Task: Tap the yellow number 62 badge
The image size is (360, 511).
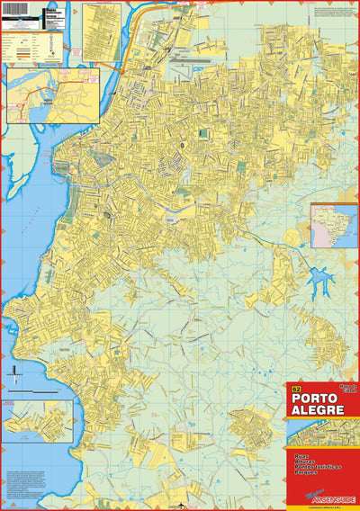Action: coord(295,389)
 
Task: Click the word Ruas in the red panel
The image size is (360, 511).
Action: coord(300,457)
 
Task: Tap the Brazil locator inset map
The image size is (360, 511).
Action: coord(334,226)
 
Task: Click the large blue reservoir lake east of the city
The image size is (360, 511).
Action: coord(319,286)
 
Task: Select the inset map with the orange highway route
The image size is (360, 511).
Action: coord(40,94)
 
